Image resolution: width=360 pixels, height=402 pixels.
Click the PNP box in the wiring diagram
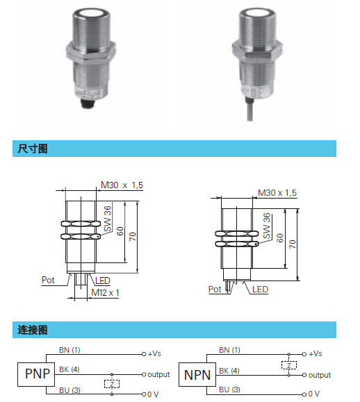36,374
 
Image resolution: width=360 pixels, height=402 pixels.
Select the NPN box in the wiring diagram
197,374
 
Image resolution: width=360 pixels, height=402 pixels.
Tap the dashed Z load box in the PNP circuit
112,384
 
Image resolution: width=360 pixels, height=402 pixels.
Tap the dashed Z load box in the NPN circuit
289,365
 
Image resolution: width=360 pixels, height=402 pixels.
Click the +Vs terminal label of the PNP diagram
154,354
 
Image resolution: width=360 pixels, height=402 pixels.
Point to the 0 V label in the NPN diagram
314,394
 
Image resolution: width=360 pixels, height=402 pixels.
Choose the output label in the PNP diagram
158,374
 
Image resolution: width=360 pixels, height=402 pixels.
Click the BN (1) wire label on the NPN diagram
229,350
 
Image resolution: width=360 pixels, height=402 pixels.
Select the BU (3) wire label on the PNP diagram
69,390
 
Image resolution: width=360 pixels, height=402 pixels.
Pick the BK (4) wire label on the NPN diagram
229,371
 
